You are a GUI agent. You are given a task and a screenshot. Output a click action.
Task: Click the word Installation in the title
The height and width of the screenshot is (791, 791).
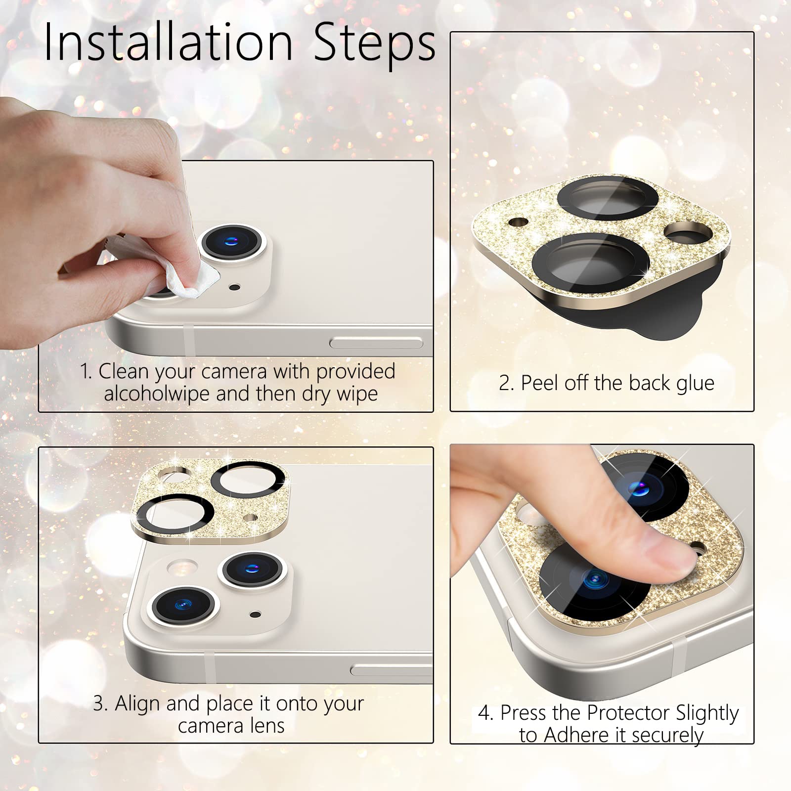tap(168, 42)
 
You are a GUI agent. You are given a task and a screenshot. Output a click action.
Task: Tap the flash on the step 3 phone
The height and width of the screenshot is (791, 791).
tap(182, 568)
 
